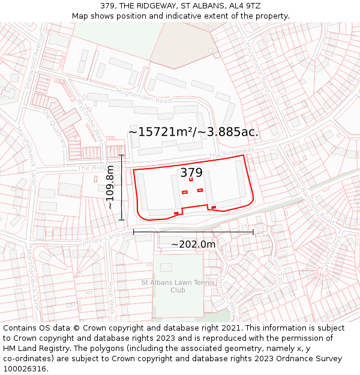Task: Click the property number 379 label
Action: click(191, 173)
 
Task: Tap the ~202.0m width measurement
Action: click(193, 244)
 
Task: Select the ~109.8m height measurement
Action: click(110, 187)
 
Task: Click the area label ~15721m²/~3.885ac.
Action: click(193, 132)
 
